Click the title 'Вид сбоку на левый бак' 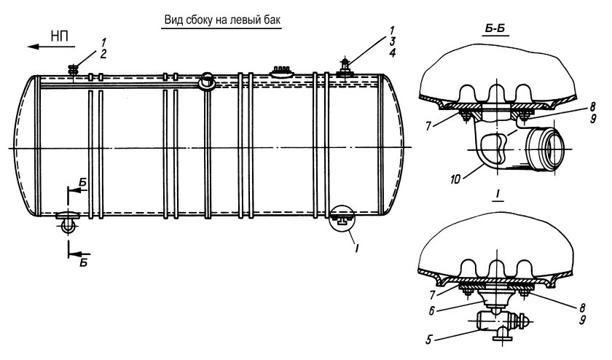coord(221,20)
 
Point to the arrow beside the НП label coord(42,47)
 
